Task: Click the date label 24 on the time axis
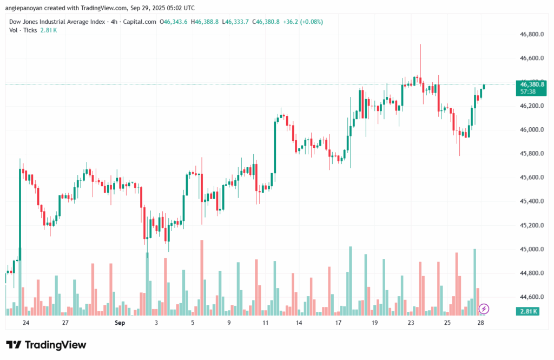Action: (26, 323)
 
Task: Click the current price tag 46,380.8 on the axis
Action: (532, 84)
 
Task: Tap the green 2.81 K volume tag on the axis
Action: (528, 311)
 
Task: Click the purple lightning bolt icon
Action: (484, 309)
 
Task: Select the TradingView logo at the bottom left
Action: (46, 345)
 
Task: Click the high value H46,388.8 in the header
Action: (207, 22)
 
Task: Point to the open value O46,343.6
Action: (174, 22)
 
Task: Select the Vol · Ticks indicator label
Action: (23, 30)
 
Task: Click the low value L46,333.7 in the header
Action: (239, 22)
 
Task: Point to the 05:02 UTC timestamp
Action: (181, 8)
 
